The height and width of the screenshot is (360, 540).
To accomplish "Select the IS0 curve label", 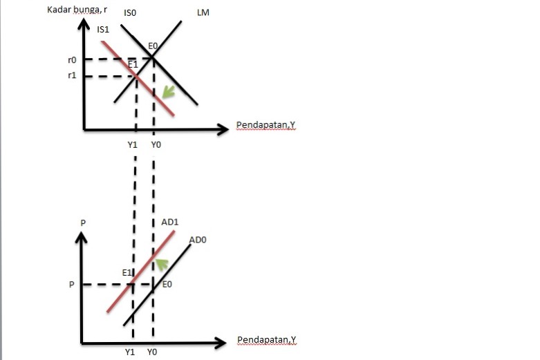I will point(131,13).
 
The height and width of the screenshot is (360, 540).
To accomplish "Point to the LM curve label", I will point(203,13).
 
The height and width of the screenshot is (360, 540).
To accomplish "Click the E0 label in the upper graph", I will point(153,46).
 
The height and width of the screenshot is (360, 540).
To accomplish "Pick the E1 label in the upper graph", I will point(133,64).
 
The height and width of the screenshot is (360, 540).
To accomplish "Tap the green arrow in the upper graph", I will point(167,92).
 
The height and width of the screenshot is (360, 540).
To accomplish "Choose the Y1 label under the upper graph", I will point(133,145).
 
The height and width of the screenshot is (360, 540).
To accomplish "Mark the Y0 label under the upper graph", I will point(156,145).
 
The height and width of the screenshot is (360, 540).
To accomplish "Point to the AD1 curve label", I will point(170,222).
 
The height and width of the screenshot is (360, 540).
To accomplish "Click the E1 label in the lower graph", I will point(127,273).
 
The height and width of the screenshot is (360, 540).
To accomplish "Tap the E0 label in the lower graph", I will point(167,283).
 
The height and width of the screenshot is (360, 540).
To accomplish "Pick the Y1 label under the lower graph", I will point(130,352).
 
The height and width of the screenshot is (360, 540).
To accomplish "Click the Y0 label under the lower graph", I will point(152,352).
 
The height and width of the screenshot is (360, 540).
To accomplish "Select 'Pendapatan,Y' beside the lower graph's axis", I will point(266,340).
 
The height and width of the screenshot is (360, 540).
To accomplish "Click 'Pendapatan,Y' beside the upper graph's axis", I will point(266,125).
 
